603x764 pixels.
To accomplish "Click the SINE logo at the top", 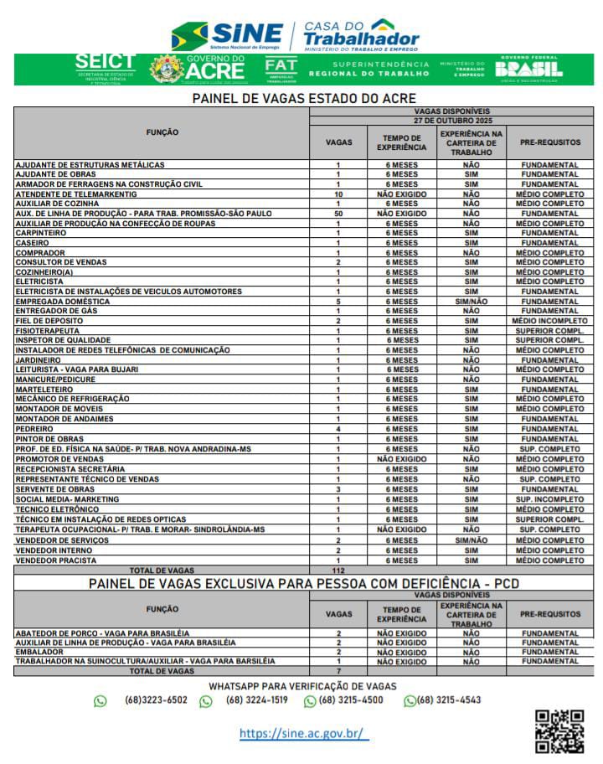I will coord(227,35).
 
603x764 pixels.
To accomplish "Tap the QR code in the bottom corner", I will coord(559,731).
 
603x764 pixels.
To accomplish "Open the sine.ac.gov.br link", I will coord(303,733).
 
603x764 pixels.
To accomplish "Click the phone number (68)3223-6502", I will coord(156,700).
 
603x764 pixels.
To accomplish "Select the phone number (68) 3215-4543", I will coord(448,700).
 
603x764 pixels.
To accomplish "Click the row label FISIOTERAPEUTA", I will coord(49,331).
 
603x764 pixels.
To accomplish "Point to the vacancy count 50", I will coord(338,214).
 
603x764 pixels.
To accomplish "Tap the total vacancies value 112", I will coord(338,570).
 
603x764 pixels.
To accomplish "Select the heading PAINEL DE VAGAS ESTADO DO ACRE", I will coord(304,99).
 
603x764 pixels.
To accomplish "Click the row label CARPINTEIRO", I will coord(43,233).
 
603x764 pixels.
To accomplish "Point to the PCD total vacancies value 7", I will coord(338,671).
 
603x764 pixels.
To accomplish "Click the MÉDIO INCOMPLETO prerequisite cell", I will coord(549,321).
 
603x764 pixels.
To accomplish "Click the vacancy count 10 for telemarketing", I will coord(338,194).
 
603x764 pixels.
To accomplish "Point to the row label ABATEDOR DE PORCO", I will coord(102,633).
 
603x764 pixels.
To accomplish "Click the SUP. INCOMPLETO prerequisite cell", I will coord(549,499).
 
